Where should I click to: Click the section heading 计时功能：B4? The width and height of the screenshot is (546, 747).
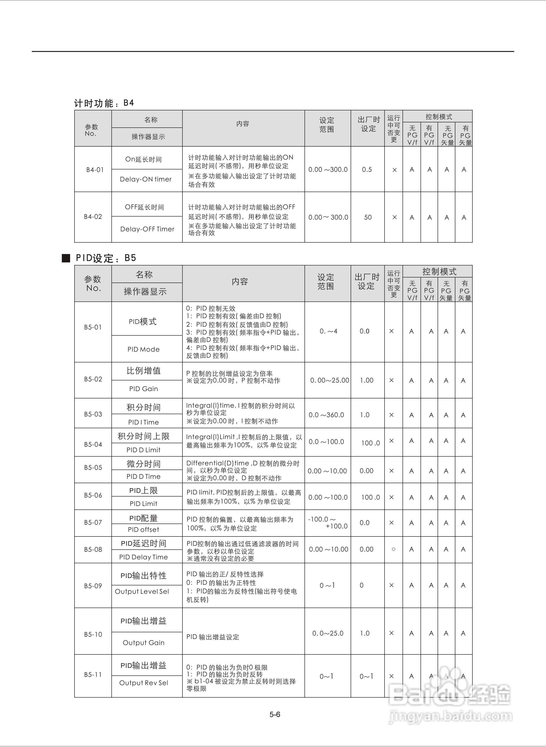tap(104, 103)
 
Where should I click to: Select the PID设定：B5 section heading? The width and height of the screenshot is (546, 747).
tap(106, 258)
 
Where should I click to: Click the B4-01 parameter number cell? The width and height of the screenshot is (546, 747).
tap(95, 170)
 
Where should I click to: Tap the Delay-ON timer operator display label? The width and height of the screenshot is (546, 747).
tap(146, 179)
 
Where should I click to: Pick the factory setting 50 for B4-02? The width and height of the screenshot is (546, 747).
tap(368, 217)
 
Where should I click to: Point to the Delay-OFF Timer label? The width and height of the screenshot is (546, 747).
tap(147, 229)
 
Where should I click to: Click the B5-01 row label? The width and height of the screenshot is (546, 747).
tap(93, 327)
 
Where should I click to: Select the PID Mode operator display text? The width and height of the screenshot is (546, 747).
tap(143, 349)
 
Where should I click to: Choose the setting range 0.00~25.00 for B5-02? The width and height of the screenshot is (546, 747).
tap(330, 380)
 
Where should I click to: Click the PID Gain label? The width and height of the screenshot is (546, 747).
tap(143, 389)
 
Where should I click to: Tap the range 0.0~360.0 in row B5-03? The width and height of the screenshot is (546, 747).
tap(326, 415)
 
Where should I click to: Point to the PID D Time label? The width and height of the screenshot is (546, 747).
tap(143, 476)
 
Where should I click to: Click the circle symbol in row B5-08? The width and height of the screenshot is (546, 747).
tap(393, 549)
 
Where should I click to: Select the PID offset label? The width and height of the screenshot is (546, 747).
tap(143, 529)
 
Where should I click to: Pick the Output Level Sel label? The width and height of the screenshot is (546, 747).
tap(142, 591)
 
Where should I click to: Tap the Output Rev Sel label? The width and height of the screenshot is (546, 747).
tap(143, 683)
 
